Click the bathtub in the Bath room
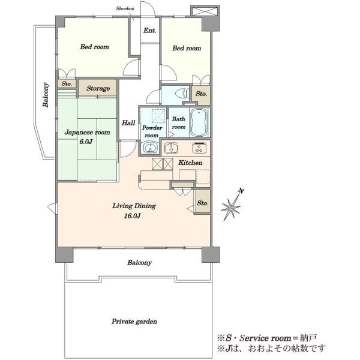[199, 122]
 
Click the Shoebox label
[125, 9]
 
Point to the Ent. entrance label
[149, 31]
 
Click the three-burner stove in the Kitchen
[199, 148]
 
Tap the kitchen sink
[171, 148]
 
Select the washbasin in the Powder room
[151, 147]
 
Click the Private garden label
[134, 322]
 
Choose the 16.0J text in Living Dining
[132, 216]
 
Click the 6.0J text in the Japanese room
[86, 142]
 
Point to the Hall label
[128, 123]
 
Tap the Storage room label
[98, 88]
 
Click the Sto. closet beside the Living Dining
[203, 203]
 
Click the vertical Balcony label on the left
[46, 95]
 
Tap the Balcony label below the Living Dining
[140, 262]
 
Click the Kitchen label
[190, 163]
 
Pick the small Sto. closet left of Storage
[67, 84]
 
